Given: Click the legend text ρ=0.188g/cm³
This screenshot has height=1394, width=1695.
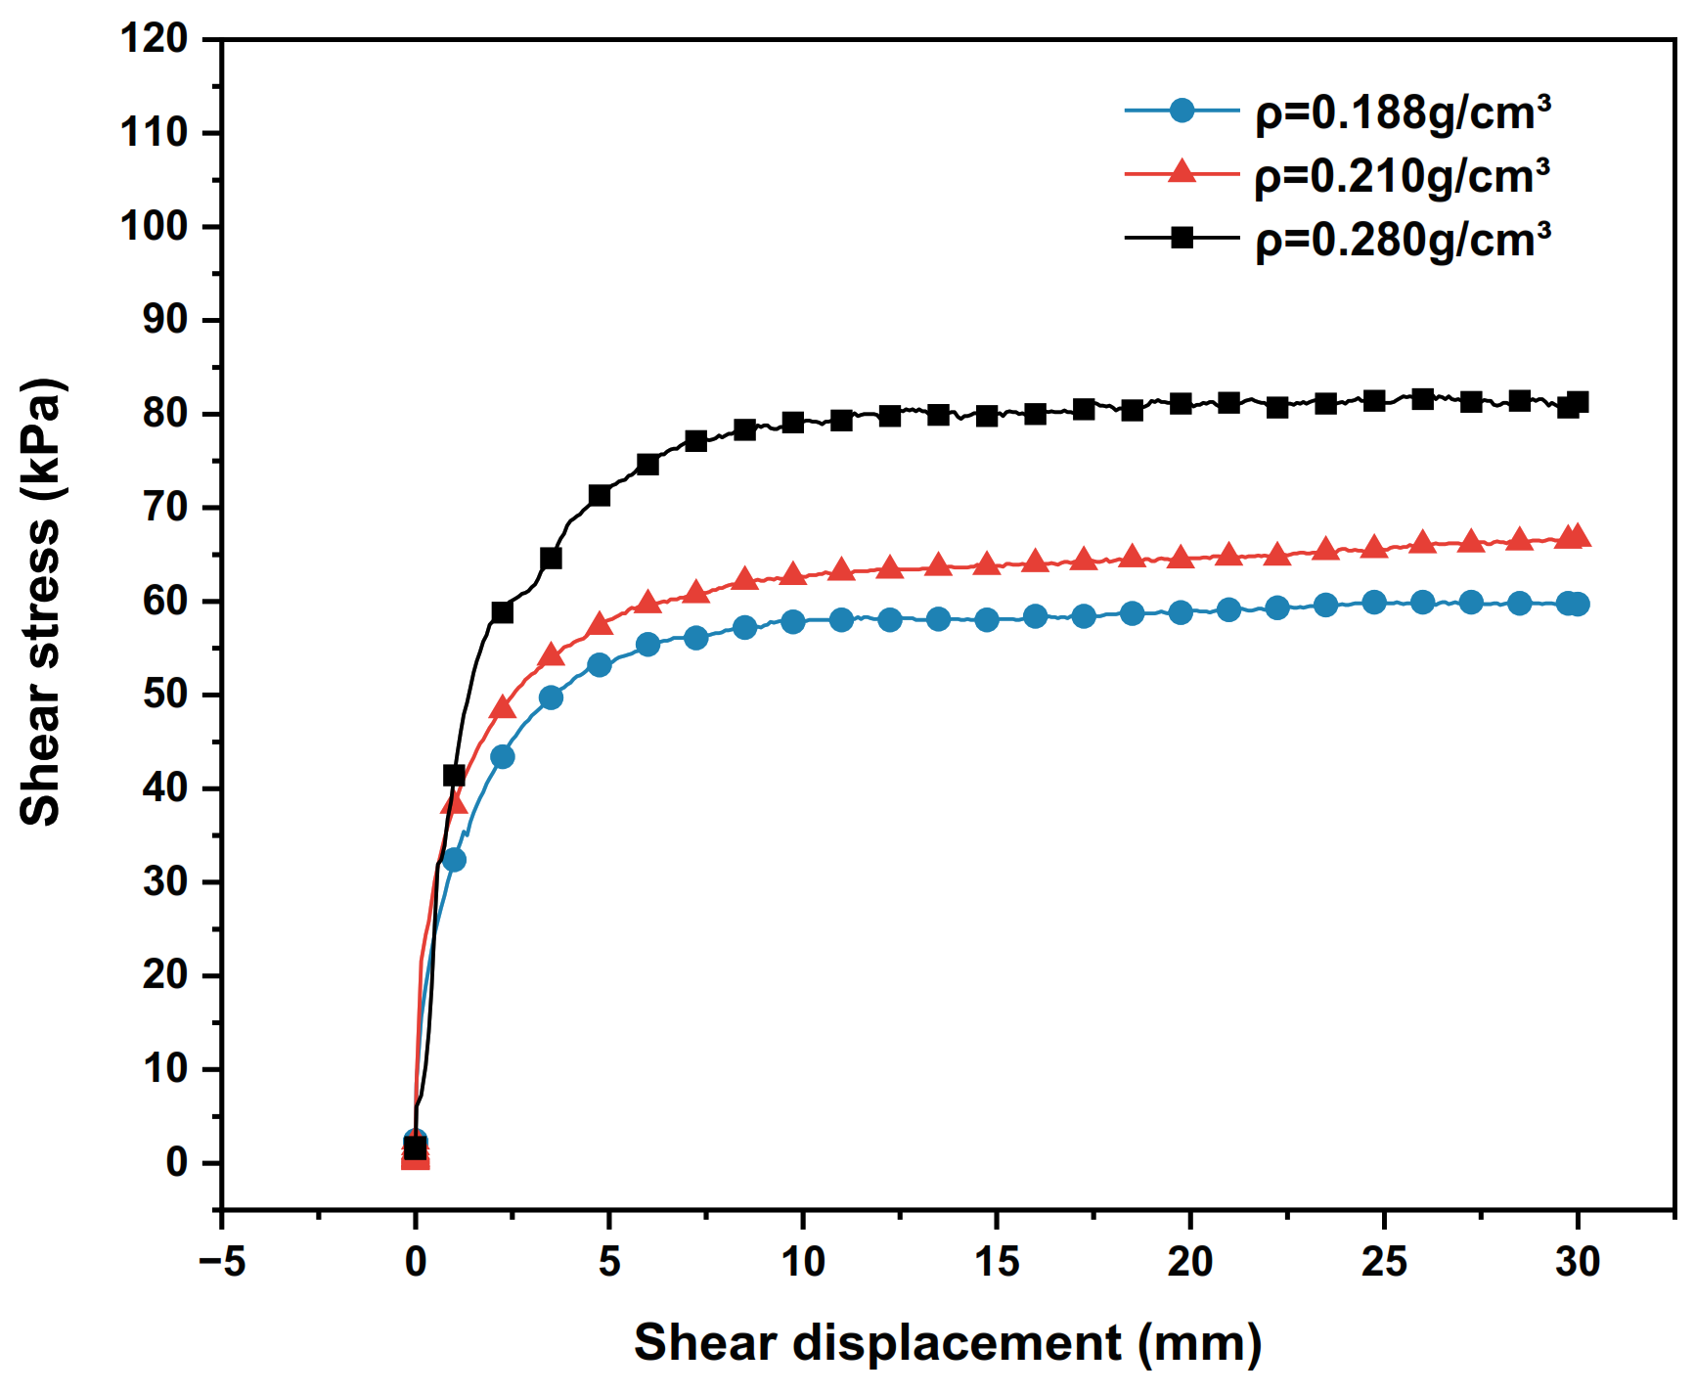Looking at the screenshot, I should pos(1402,113).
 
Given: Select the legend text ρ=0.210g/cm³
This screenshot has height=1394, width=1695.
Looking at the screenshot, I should pos(1402,177).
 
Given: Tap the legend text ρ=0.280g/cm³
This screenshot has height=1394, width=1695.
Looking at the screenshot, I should pos(1402,241).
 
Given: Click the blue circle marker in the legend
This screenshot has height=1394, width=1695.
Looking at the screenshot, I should pos(1182,111).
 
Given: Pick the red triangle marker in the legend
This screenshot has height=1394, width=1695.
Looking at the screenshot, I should pos(1182,173).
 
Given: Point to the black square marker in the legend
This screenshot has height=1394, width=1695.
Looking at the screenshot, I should pos(1182,237).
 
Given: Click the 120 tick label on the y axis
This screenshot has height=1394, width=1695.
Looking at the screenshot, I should pos(154,39).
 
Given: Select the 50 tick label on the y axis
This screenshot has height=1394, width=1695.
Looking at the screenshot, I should pos(164,695).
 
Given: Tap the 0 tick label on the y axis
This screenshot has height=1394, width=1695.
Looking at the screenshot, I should pos(176,1162).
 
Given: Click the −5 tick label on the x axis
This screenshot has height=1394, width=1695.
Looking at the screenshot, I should pos(222,1262).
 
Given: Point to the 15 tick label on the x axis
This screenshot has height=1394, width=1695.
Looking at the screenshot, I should pos(996,1262).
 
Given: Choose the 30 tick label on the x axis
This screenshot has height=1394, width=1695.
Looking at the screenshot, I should pos(1577,1262).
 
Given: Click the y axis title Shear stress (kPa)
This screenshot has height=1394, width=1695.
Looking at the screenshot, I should pos(41,602).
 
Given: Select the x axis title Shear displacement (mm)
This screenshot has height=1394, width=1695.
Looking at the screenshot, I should pos(947,1343).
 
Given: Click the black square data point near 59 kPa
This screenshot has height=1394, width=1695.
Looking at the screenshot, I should pos(502,612).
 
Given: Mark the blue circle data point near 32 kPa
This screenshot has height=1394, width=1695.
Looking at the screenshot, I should pos(454,860).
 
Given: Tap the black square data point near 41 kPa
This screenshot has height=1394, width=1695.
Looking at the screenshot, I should pos(454,776).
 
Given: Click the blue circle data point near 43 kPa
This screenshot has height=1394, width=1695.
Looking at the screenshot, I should pos(502,756).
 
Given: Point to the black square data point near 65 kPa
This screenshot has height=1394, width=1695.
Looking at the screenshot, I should pos(551,559).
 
